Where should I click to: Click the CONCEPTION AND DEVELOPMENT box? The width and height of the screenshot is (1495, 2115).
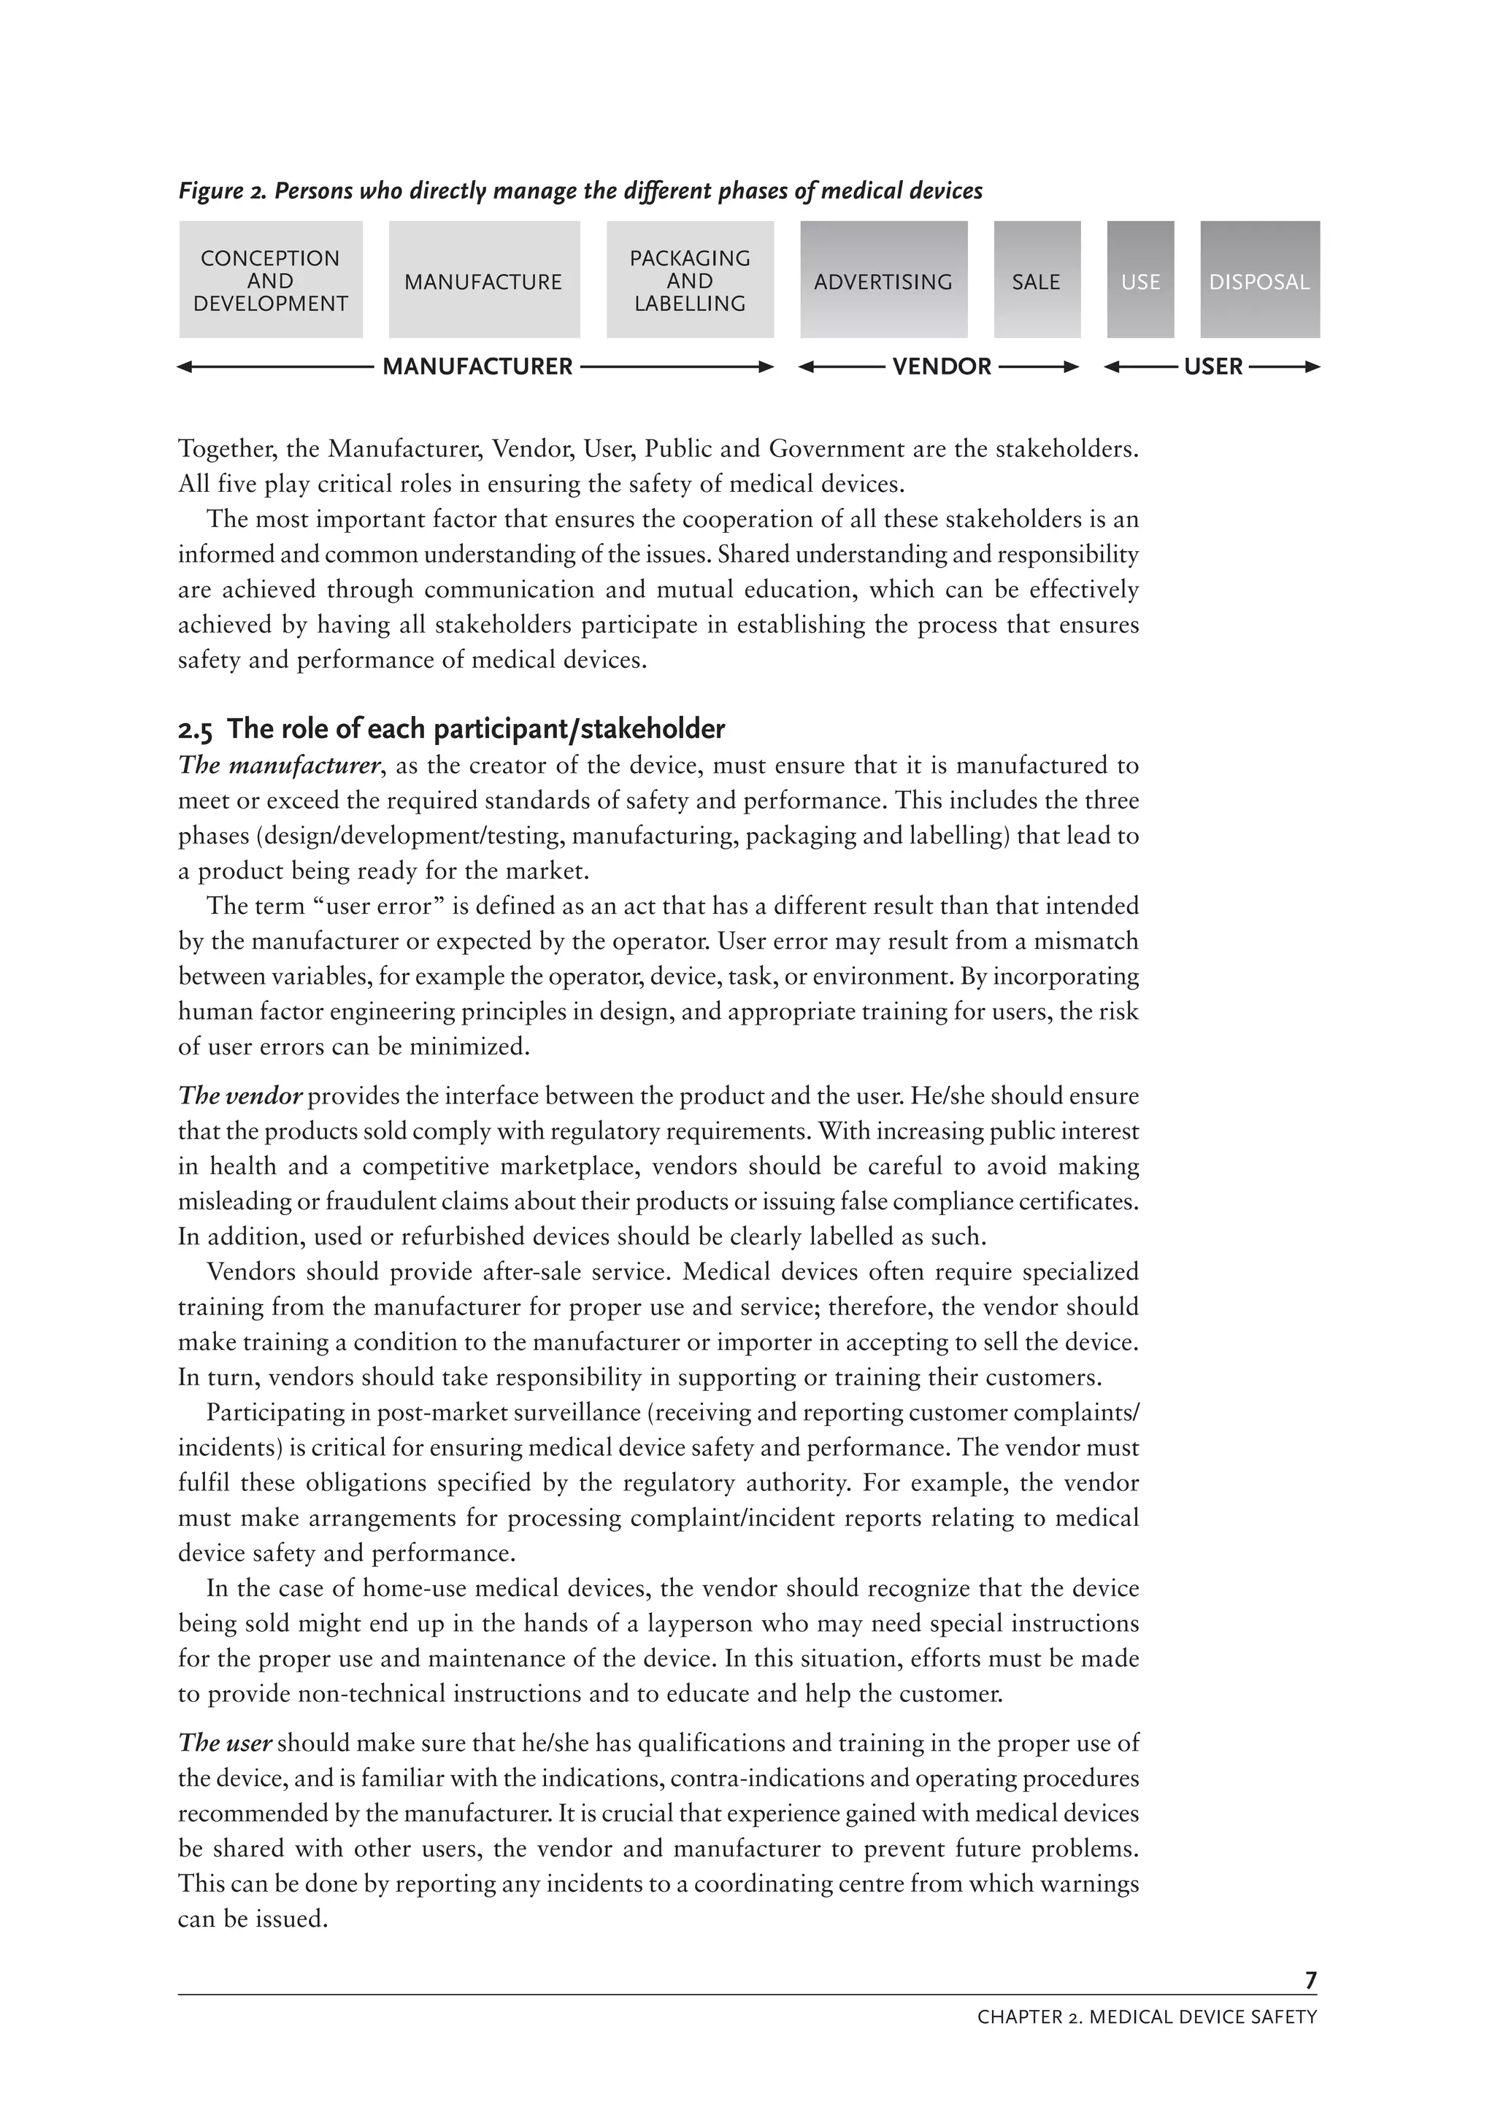[270, 280]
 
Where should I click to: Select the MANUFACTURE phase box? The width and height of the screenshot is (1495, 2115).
[483, 280]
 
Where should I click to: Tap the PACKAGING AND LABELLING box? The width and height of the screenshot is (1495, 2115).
[690, 280]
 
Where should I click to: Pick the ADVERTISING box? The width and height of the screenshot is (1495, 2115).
[883, 280]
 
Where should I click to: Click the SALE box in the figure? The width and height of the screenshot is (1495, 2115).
[1037, 280]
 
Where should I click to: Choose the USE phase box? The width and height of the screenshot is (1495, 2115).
[1140, 280]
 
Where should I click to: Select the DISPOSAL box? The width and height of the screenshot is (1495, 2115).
[1259, 280]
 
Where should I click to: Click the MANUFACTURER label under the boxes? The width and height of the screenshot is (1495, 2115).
[477, 366]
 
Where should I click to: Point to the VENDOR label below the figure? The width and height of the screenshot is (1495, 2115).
[942, 366]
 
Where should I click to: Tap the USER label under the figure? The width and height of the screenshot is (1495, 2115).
[1213, 366]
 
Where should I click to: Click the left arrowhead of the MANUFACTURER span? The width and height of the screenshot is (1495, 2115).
[184, 366]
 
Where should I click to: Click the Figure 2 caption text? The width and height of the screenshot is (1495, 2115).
[580, 190]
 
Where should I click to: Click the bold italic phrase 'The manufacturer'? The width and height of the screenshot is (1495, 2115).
[279, 766]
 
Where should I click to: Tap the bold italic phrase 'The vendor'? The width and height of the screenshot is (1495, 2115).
[240, 1095]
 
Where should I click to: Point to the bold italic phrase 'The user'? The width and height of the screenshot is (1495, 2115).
[225, 1743]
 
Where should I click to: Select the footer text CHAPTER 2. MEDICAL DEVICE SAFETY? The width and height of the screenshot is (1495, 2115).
[1147, 2017]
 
